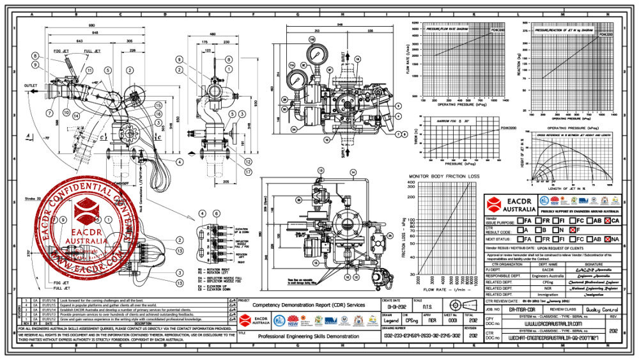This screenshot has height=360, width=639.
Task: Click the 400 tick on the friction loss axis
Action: (x=411, y=182)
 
